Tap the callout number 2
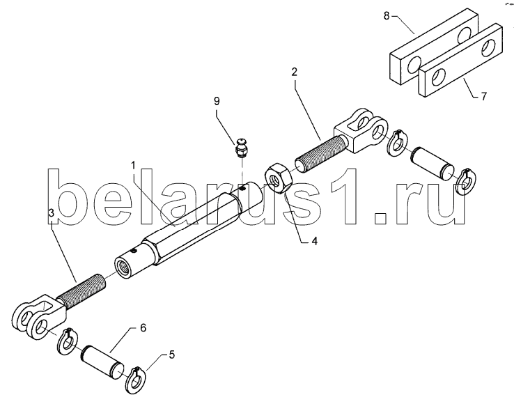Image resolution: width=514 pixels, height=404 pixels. tap(295, 72)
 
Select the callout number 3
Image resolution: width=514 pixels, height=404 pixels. tap(52, 212)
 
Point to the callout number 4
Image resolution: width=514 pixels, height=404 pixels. tap(314, 242)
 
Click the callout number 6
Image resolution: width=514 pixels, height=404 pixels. tap(143, 327)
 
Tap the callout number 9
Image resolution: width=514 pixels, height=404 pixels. tap(217, 101)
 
